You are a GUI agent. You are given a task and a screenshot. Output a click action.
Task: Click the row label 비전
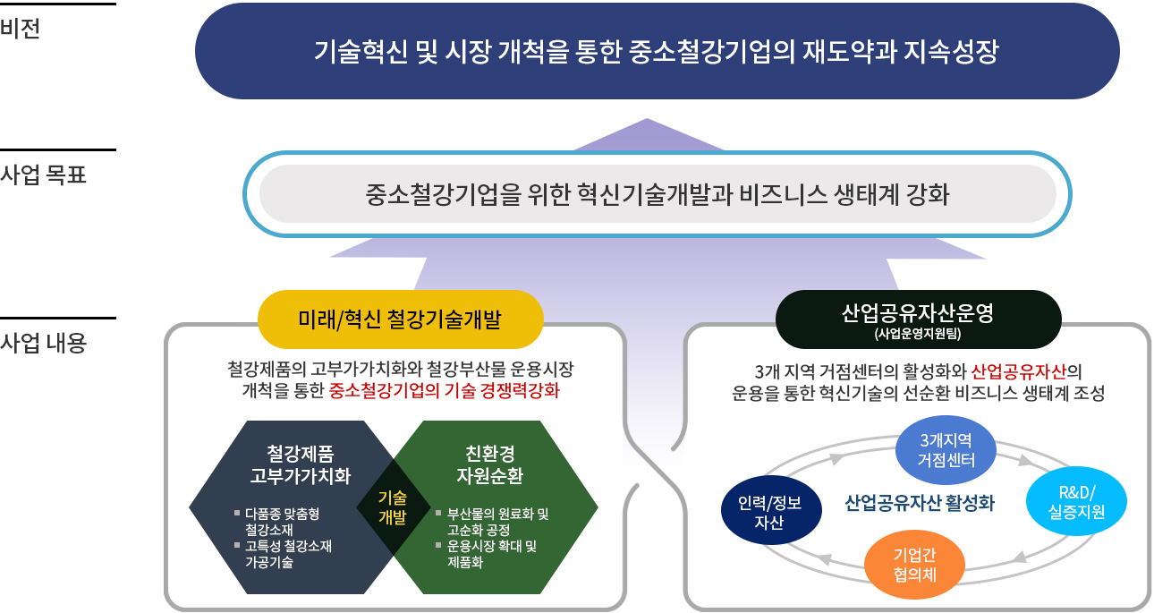click(20, 28)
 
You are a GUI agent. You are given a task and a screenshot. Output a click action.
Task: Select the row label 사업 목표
click(43, 175)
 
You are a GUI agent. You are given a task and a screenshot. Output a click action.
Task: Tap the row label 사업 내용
click(43, 343)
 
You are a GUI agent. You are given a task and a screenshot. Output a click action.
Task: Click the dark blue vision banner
click(657, 51)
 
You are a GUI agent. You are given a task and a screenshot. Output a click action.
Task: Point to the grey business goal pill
click(658, 194)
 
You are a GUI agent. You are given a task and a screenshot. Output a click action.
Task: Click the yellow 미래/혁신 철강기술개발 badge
click(400, 319)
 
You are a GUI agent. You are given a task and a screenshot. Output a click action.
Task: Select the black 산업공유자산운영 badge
click(918, 319)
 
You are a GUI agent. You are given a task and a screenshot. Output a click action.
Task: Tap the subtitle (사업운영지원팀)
click(918, 334)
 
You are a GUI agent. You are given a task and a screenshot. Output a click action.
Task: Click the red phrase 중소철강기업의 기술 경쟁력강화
click(444, 390)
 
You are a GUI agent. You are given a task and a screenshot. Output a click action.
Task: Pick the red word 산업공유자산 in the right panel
click(1018, 371)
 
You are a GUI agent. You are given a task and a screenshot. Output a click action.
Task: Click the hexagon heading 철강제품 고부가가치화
click(301, 464)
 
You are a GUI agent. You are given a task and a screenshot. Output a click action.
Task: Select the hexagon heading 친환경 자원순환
click(490, 464)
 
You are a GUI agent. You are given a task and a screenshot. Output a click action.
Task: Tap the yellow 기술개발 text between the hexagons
click(393, 507)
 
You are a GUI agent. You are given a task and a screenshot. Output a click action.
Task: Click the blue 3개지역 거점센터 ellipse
click(946, 450)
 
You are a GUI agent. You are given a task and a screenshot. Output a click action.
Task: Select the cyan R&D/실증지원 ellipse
click(1077, 502)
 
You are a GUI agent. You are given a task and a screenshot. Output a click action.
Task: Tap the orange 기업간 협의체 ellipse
click(914, 565)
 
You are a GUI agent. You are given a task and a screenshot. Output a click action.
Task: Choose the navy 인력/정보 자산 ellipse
click(771, 510)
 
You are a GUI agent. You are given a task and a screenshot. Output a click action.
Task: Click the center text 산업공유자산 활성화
click(920, 503)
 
